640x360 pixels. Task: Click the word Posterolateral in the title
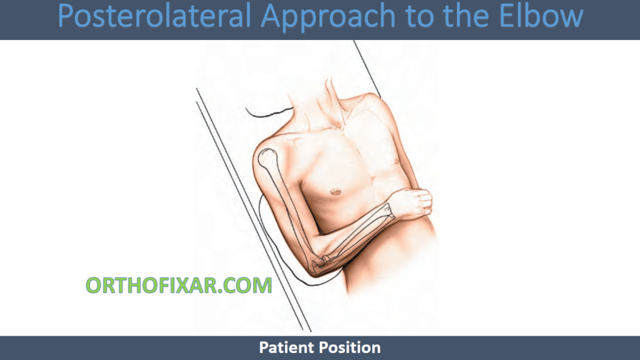[x=154, y=16]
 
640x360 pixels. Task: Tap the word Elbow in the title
[x=541, y=16]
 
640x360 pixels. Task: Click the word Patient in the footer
[x=287, y=347]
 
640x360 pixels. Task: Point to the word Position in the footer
[x=350, y=347]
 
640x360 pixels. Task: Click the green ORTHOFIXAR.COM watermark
[x=179, y=285]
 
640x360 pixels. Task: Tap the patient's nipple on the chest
[x=336, y=191]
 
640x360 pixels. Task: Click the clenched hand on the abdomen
[x=412, y=202]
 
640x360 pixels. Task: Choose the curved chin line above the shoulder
[x=269, y=113]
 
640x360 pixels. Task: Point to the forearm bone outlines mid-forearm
[x=355, y=236]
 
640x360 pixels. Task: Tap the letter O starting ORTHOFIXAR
[x=94, y=285]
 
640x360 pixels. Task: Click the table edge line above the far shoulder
[x=367, y=69]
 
